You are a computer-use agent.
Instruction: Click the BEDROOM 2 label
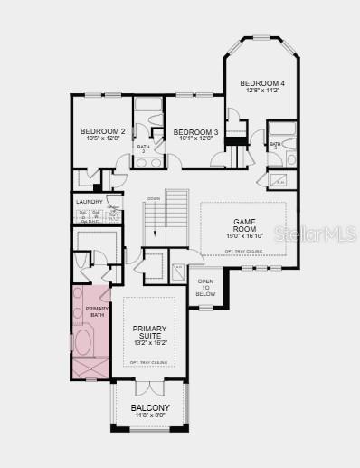pyautogui.click(x=101, y=131)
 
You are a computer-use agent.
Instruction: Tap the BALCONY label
pyautogui.click(x=149, y=408)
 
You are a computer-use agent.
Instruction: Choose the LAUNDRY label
pyautogui.click(x=88, y=203)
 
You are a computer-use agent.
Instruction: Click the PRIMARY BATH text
pyautogui.click(x=97, y=312)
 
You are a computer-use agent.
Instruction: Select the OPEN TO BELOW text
pyautogui.click(x=205, y=287)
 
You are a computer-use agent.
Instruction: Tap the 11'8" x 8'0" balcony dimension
pyautogui.click(x=149, y=416)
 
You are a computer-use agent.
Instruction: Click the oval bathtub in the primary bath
pyautogui.click(x=83, y=342)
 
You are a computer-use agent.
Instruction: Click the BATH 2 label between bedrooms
pyautogui.click(x=143, y=148)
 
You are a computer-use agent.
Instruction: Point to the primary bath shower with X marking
pyautogui.click(x=90, y=368)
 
